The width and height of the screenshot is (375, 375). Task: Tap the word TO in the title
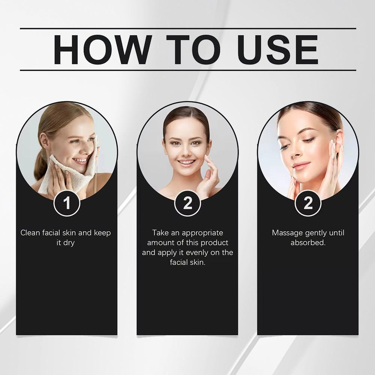(193, 49)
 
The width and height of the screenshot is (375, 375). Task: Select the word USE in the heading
(278, 49)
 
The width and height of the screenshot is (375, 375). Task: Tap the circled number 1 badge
(67, 203)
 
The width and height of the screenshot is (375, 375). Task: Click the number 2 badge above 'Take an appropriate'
(187, 203)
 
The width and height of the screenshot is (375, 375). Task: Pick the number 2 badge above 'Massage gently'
(308, 203)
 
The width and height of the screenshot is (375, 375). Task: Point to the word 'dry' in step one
(69, 243)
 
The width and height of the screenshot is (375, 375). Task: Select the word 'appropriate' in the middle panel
(202, 233)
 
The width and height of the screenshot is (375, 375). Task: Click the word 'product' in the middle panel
(214, 243)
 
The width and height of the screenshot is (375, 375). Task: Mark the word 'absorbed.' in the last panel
(308, 243)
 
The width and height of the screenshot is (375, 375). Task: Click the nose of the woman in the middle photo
(186, 151)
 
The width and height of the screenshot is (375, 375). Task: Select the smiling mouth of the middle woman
(186, 163)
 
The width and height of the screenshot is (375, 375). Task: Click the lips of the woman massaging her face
(301, 166)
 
